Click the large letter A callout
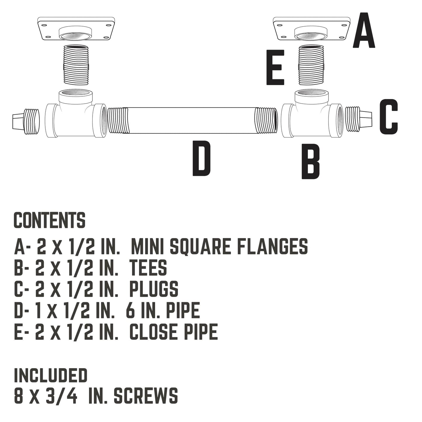[364, 31]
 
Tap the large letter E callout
[275, 67]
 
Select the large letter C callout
[388, 117]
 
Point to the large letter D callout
[202, 158]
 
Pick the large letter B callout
[310, 161]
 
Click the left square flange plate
[76, 29]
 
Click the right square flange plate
[311, 29]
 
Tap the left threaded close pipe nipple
[76, 65]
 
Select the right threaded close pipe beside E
[311, 65]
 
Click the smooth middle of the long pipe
[191, 120]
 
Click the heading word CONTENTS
[50, 220]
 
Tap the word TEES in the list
[148, 268]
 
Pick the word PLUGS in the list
[154, 289]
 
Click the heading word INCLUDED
[51, 376]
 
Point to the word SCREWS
[145, 396]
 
